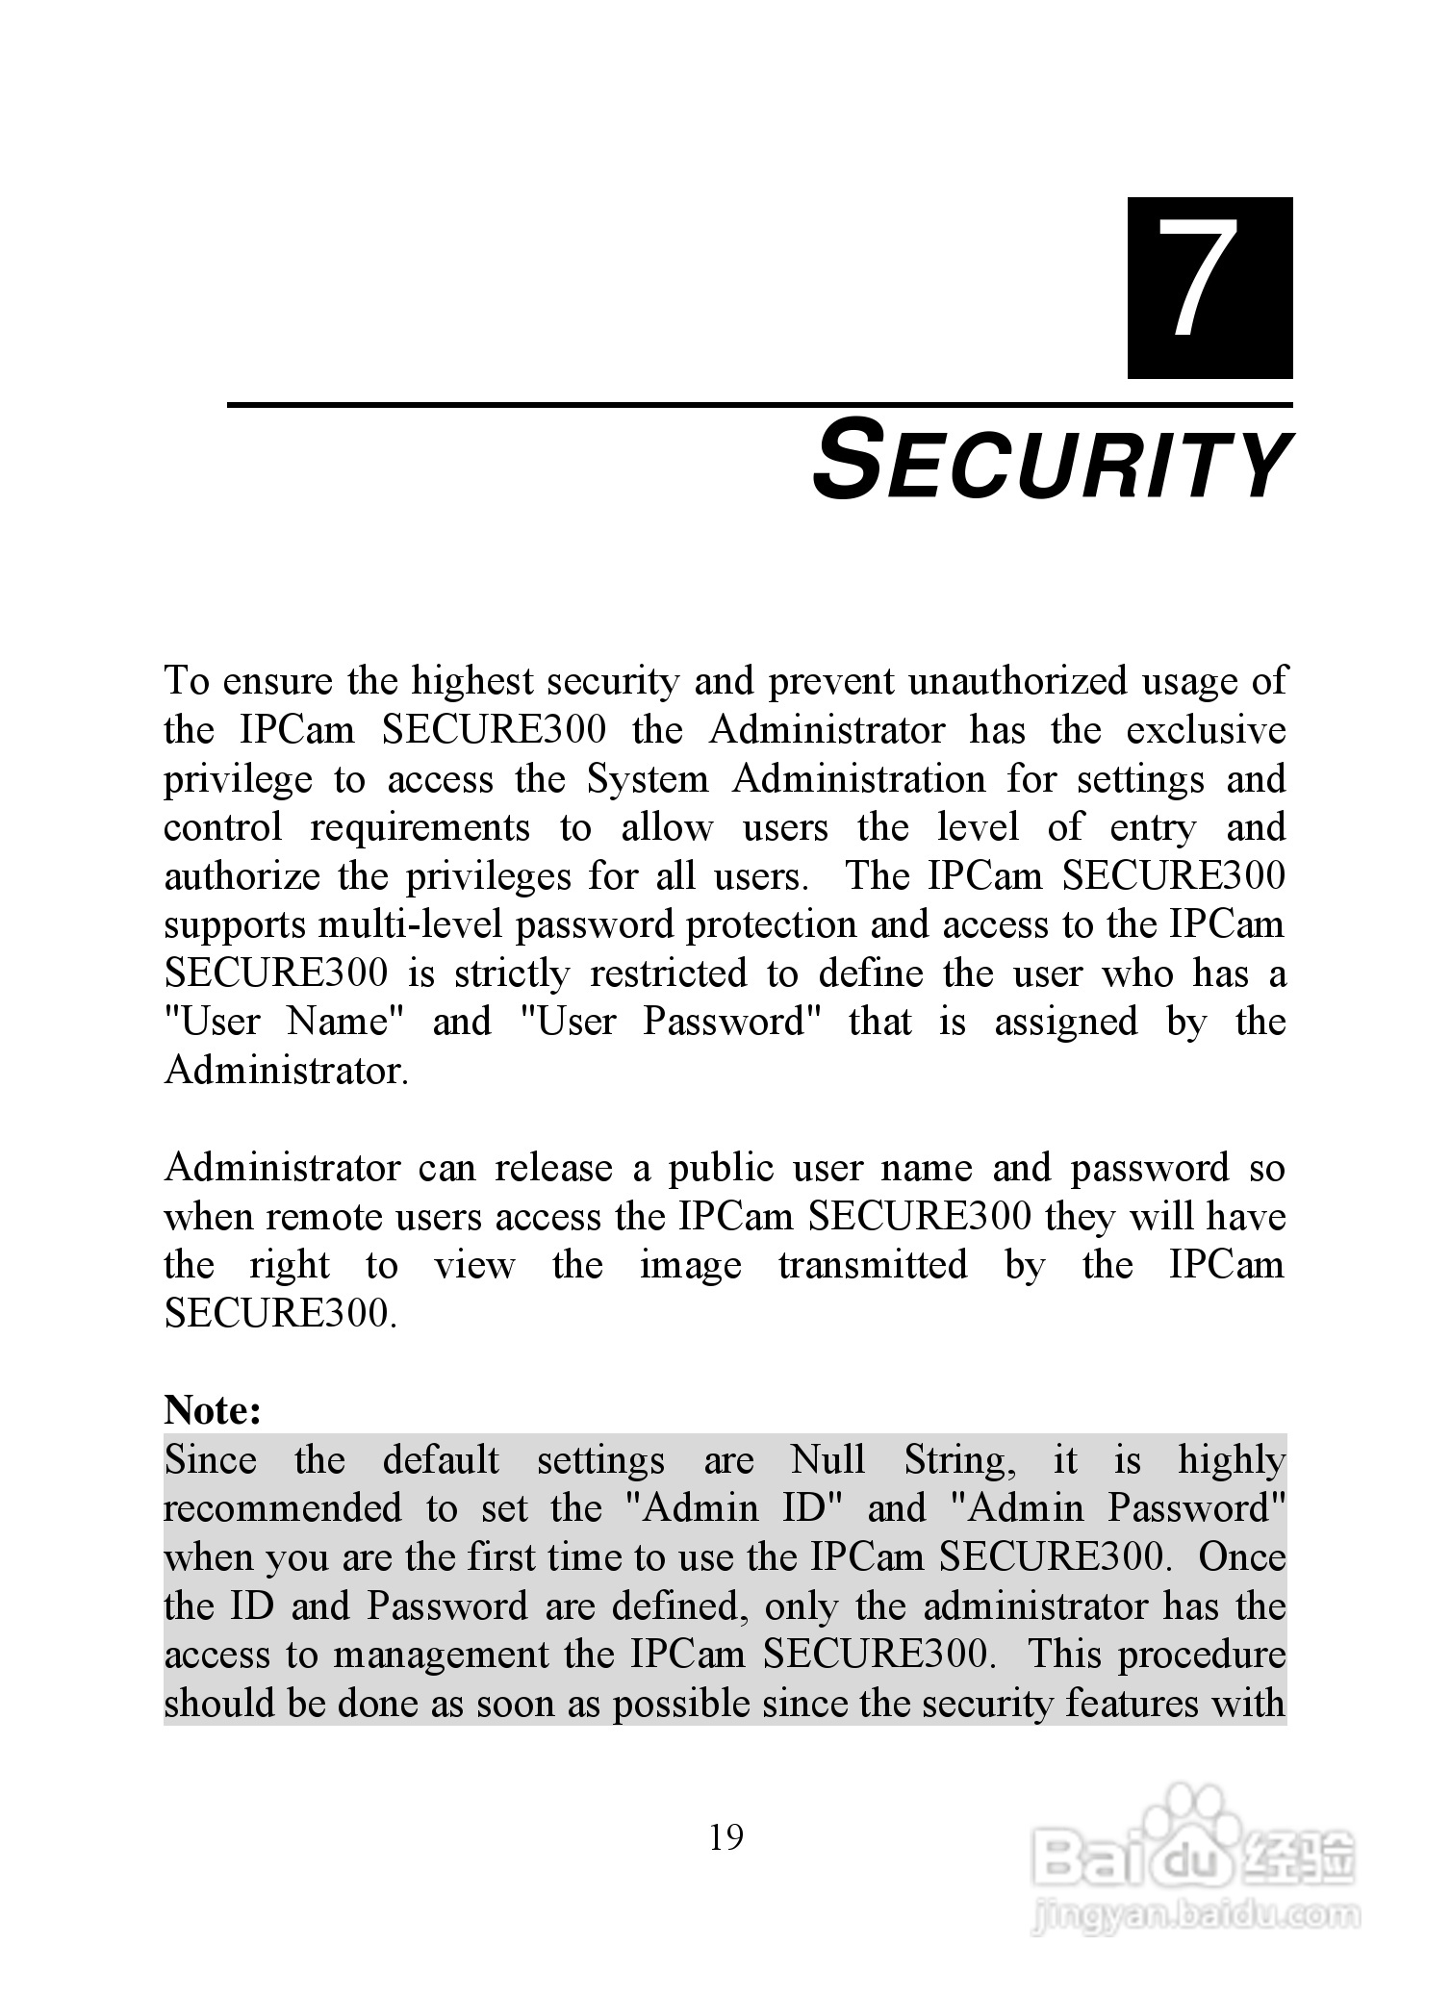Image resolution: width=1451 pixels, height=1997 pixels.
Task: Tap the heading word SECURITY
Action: click(1051, 467)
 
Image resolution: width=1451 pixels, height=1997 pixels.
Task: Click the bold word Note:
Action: click(213, 1410)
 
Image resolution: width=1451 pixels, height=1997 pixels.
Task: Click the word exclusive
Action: click(1206, 729)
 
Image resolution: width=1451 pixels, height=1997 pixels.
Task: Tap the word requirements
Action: click(420, 827)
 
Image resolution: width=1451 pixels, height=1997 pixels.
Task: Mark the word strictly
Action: click(512, 973)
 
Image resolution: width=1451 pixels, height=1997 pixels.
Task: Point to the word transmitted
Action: click(873, 1265)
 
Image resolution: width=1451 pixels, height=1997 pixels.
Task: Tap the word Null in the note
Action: click(827, 1460)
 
